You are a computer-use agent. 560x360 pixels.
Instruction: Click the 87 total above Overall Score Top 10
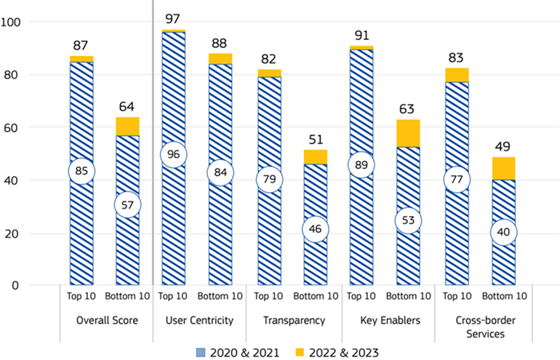tap(81, 46)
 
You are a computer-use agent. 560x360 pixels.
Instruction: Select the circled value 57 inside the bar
tap(127, 205)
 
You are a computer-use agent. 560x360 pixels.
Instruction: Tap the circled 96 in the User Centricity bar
tap(174, 154)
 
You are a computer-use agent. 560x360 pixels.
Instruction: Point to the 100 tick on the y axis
tap(14, 22)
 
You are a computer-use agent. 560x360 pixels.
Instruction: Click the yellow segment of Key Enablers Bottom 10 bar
tap(409, 133)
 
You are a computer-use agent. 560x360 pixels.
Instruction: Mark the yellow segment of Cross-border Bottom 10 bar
tap(504, 168)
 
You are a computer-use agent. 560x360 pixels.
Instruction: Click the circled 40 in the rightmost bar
tap(504, 232)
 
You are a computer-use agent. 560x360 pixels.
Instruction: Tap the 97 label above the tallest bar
tap(174, 18)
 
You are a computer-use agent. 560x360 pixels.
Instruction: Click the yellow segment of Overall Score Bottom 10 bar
tap(127, 126)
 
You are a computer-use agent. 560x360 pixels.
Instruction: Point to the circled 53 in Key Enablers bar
tap(409, 220)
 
